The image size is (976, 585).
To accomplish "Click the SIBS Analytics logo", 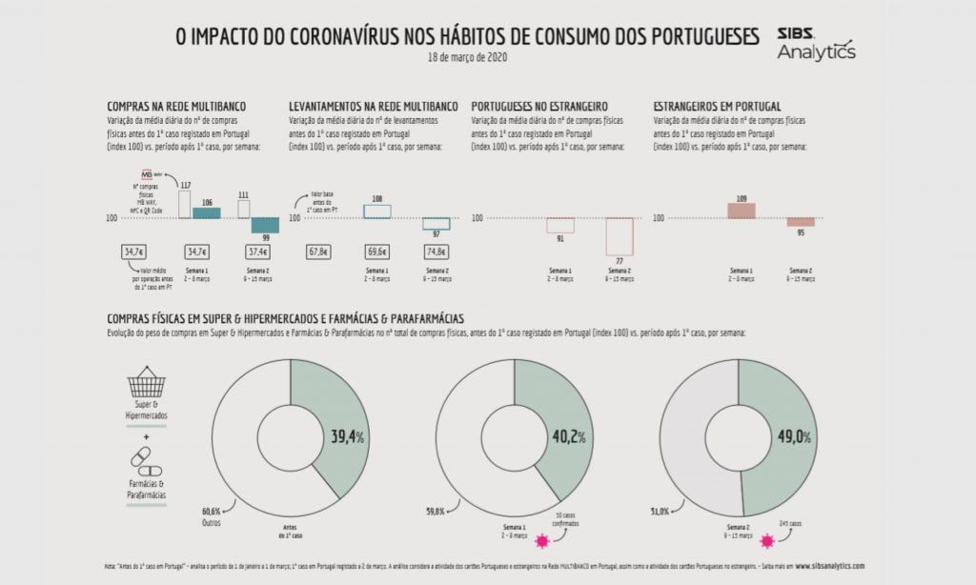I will pyautogui.click(x=816, y=43).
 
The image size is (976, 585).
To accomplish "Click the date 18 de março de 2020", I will pyautogui.click(x=467, y=58).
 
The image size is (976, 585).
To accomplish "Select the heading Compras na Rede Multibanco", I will pyautogui.click(x=175, y=106).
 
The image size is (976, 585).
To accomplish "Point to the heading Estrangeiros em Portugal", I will pyautogui.click(x=717, y=106).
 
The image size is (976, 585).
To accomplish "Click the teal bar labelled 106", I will pyautogui.click(x=206, y=212).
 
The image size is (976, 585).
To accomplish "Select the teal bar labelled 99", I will pyautogui.click(x=264, y=226).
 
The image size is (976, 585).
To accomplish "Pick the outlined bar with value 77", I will pyautogui.click(x=619, y=236).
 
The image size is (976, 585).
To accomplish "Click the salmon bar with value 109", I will pyautogui.click(x=742, y=211).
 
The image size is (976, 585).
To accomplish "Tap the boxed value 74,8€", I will pyautogui.click(x=437, y=252).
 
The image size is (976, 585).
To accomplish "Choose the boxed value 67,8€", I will pyautogui.click(x=318, y=252).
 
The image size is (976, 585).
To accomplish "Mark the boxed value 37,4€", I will pyautogui.click(x=258, y=252).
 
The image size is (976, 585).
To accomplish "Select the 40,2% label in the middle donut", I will pyautogui.click(x=568, y=437).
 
